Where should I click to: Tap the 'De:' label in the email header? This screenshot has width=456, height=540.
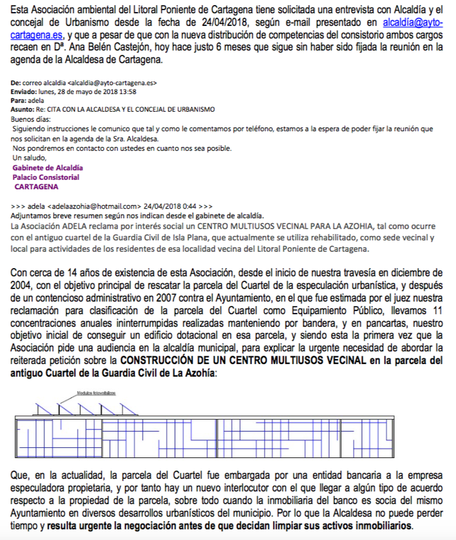click(16, 83)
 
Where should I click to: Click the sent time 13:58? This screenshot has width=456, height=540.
click(128, 91)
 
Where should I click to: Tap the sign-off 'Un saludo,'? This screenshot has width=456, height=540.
click(28, 158)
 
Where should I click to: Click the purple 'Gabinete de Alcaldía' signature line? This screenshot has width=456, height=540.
click(47, 168)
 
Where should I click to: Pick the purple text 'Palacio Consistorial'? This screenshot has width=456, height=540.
click(45, 177)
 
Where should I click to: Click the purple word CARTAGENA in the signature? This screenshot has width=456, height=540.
click(36, 187)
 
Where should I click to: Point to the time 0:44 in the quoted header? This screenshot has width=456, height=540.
click(190, 206)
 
